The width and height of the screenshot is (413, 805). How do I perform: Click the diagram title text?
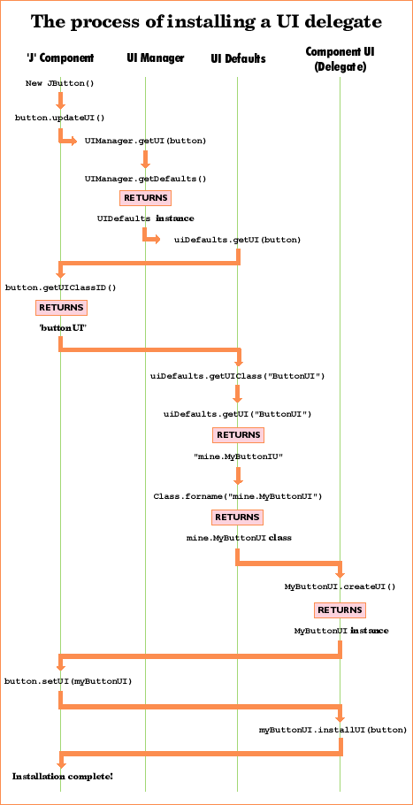(206, 20)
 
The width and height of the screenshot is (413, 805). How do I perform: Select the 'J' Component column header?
(60, 58)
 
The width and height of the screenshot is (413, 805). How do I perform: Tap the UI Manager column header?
(155, 58)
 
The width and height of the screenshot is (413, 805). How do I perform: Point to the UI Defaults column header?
(238, 58)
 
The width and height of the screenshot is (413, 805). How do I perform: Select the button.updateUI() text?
(59, 117)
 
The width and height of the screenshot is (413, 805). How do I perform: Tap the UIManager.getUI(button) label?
(146, 141)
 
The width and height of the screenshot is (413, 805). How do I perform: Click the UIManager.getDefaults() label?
(145, 179)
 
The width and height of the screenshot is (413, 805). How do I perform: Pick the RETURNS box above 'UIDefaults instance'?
(145, 198)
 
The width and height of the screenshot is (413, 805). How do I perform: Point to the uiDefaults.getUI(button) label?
(237, 239)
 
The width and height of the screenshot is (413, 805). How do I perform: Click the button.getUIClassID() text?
(60, 287)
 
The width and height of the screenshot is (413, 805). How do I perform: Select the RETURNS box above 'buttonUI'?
(61, 308)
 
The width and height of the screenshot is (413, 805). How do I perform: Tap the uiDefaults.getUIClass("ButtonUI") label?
(238, 376)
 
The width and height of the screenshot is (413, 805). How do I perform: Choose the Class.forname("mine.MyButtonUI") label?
(237, 496)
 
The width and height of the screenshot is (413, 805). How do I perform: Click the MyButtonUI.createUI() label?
(340, 586)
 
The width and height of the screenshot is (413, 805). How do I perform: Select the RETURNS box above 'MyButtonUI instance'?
(340, 610)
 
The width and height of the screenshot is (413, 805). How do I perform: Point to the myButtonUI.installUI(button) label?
(333, 730)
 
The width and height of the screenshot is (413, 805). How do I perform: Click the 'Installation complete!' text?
(62, 776)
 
